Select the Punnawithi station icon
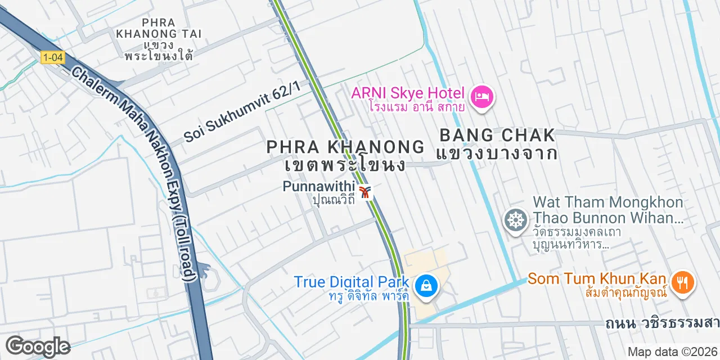tap(366, 192)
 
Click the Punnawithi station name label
tap(319, 186)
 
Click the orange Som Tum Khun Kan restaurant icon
tap(683, 281)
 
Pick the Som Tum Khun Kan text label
tap(597, 278)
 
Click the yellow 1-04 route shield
tap(52, 57)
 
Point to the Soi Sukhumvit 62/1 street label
tap(242, 111)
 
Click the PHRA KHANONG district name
tap(345, 147)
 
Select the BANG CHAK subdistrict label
tap(497, 136)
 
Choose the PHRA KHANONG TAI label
tap(159, 28)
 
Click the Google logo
tap(38, 346)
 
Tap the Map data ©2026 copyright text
tap(673, 352)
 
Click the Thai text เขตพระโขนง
tap(345, 165)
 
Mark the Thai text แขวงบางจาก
tap(497, 153)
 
